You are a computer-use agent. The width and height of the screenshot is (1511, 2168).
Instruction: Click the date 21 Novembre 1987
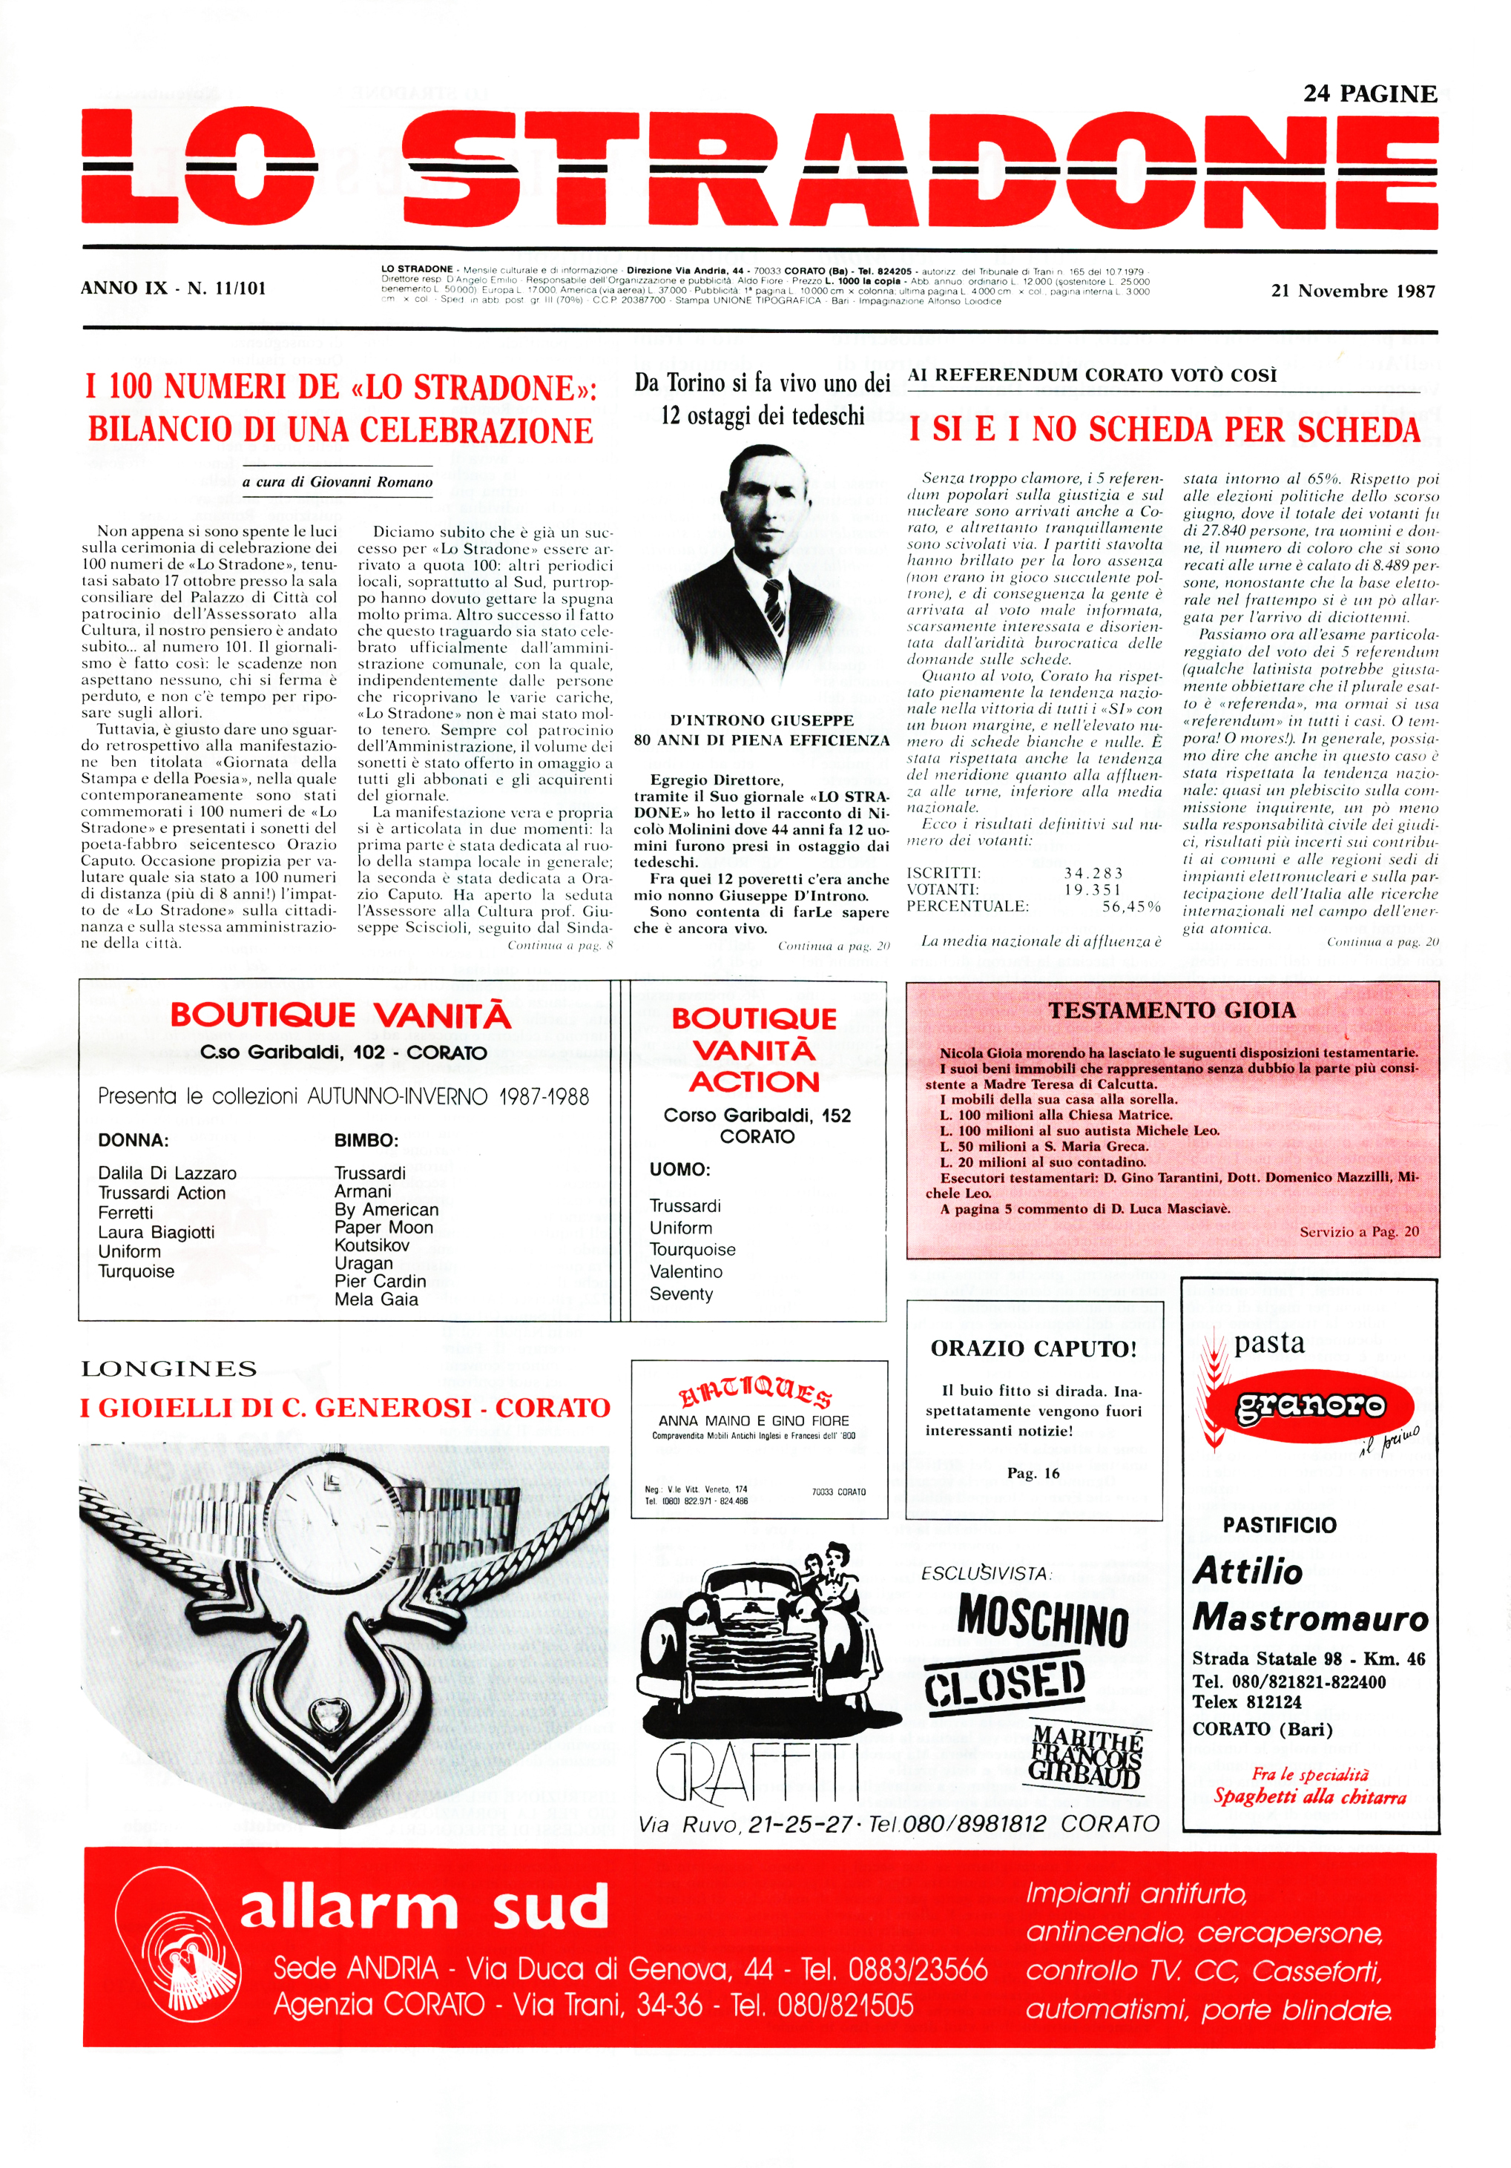tap(1352, 291)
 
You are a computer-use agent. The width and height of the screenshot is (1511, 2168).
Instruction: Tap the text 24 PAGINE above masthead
tap(1369, 93)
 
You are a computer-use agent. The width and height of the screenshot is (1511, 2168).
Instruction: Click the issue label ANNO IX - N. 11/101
tap(174, 288)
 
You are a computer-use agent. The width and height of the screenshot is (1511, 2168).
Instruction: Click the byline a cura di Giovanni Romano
tap(338, 481)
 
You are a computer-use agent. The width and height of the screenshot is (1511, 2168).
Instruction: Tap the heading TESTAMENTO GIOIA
tap(1172, 1009)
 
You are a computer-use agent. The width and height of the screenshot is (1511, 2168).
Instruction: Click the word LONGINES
tap(169, 1368)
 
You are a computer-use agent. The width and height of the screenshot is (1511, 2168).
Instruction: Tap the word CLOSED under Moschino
tap(1005, 1684)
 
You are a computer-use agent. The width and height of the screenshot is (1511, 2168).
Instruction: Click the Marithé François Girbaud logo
tap(1087, 1754)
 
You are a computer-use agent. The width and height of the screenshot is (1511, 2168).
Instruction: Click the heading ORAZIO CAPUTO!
tap(1033, 1348)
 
